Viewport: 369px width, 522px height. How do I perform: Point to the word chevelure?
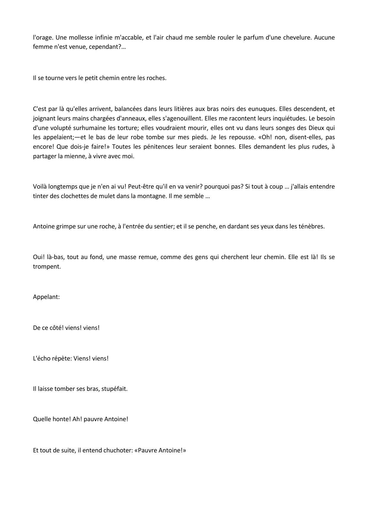pos(297,37)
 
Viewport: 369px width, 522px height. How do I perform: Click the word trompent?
pos(47,267)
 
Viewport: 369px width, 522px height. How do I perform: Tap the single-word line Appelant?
pos(46,297)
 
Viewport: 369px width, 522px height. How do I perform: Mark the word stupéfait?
pos(114,389)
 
